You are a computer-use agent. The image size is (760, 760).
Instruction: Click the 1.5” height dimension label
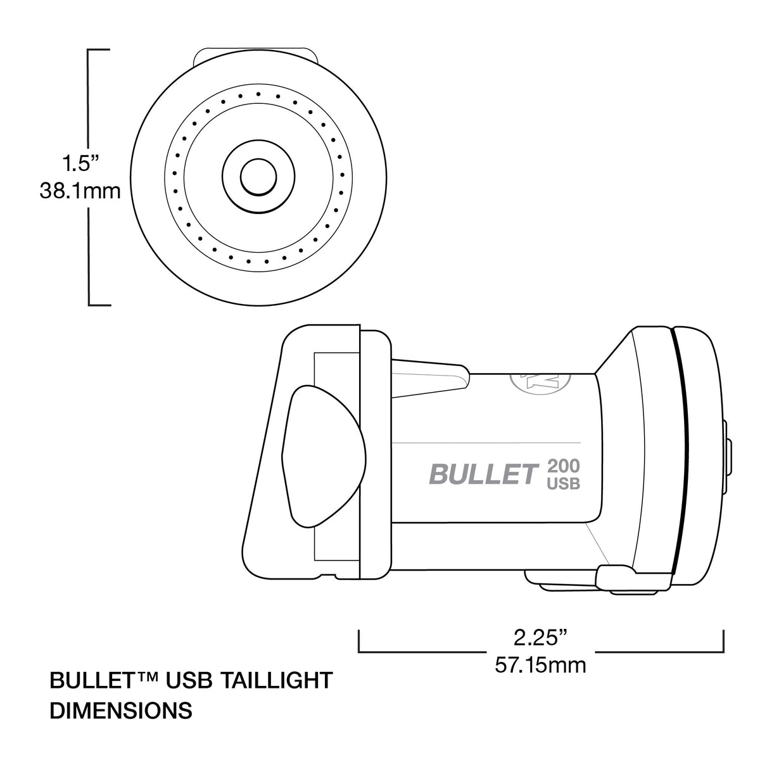coord(80,164)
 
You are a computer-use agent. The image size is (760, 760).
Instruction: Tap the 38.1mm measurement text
coord(80,191)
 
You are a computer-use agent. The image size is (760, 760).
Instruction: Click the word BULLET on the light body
coord(483,474)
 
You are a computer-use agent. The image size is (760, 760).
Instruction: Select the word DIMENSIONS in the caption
coord(120,710)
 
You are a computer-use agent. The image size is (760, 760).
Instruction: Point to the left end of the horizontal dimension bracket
coord(360,640)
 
